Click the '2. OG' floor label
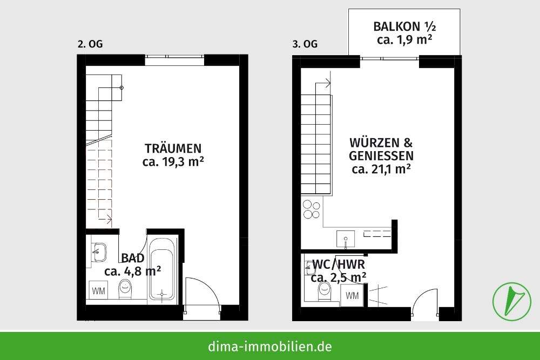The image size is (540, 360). pos(90,44)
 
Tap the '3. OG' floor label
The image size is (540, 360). pos(305,44)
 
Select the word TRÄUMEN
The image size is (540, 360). pos(173,148)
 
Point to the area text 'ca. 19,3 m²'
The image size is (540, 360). pos(173,161)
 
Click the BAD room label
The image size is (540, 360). pos(132,257)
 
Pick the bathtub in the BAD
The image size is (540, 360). pos(161,268)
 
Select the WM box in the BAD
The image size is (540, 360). pos(98,291)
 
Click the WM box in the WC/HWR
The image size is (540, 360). pos(352,295)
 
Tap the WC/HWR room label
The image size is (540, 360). pos(339,264)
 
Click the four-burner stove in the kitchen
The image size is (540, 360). pos(311,209)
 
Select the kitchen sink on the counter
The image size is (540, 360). pos(345,237)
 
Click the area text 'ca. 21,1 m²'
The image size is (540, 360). pos(381,169)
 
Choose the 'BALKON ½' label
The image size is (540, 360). pos(403,26)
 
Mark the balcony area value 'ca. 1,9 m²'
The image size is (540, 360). pos(403,40)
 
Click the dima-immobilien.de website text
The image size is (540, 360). pos(270,347)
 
